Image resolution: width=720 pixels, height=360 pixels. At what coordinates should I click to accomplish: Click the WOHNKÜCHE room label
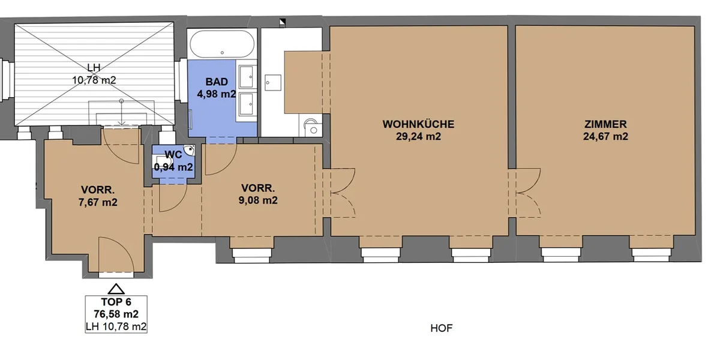(x=418, y=124)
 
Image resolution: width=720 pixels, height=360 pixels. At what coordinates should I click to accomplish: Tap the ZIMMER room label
(x=605, y=124)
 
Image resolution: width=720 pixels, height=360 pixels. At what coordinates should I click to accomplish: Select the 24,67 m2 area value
(x=605, y=136)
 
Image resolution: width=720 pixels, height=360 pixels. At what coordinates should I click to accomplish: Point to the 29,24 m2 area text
(x=418, y=136)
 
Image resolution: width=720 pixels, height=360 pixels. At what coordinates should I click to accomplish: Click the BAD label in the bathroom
(x=217, y=82)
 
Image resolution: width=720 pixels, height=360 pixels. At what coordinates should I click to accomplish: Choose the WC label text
(x=173, y=155)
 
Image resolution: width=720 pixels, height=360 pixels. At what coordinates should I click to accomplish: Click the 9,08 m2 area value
(x=258, y=200)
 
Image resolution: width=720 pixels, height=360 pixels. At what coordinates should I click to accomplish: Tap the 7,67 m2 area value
(x=98, y=202)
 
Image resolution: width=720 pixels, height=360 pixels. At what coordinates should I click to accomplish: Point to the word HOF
(x=442, y=328)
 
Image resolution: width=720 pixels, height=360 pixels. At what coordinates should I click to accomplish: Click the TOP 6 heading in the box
(x=116, y=302)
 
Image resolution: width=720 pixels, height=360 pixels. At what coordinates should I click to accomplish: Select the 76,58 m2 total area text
(x=116, y=314)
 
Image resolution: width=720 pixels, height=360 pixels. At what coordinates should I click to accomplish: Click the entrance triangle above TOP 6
(x=116, y=289)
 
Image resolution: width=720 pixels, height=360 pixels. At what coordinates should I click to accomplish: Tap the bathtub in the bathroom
(x=222, y=44)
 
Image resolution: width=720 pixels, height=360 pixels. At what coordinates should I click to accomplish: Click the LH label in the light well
(x=94, y=67)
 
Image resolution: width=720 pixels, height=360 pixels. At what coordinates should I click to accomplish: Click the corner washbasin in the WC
(x=190, y=150)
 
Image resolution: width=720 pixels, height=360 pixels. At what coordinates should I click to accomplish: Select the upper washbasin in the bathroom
(x=247, y=77)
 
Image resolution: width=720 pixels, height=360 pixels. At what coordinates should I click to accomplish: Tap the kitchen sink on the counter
(x=272, y=83)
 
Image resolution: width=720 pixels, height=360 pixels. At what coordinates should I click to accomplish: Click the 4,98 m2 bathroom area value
(x=217, y=94)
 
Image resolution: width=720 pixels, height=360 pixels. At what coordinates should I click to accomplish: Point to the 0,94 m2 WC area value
(x=173, y=167)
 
